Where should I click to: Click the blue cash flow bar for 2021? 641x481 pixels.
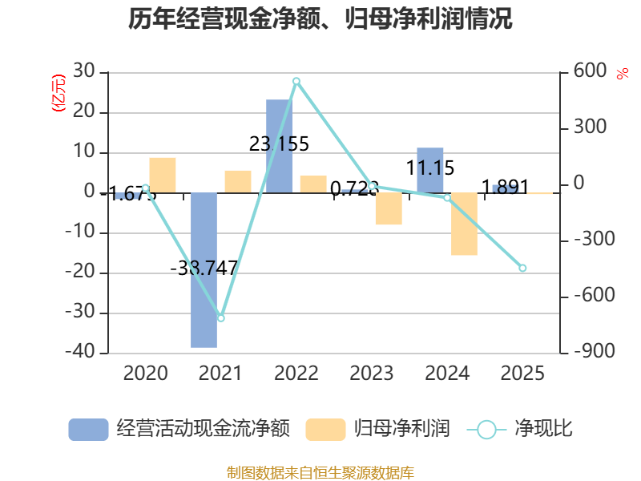point(204,270)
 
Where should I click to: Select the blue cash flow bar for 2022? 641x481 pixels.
point(279,146)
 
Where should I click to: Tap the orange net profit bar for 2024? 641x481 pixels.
point(464,224)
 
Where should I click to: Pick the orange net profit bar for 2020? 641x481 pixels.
point(163,175)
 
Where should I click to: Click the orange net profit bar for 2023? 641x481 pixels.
point(389,209)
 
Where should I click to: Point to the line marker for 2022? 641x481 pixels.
point(296,81)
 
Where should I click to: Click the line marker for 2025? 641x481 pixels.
point(522,269)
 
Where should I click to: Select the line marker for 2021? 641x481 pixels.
point(221,318)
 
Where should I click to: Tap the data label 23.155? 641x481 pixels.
point(279,144)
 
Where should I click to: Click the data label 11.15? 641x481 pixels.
point(430,168)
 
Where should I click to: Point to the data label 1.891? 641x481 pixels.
point(506,188)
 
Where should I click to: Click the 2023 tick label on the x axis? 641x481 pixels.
point(372,374)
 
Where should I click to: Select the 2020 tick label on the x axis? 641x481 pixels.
point(145,374)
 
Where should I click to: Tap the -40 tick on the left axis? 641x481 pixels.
point(83,353)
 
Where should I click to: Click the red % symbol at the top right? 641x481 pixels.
point(622,75)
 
